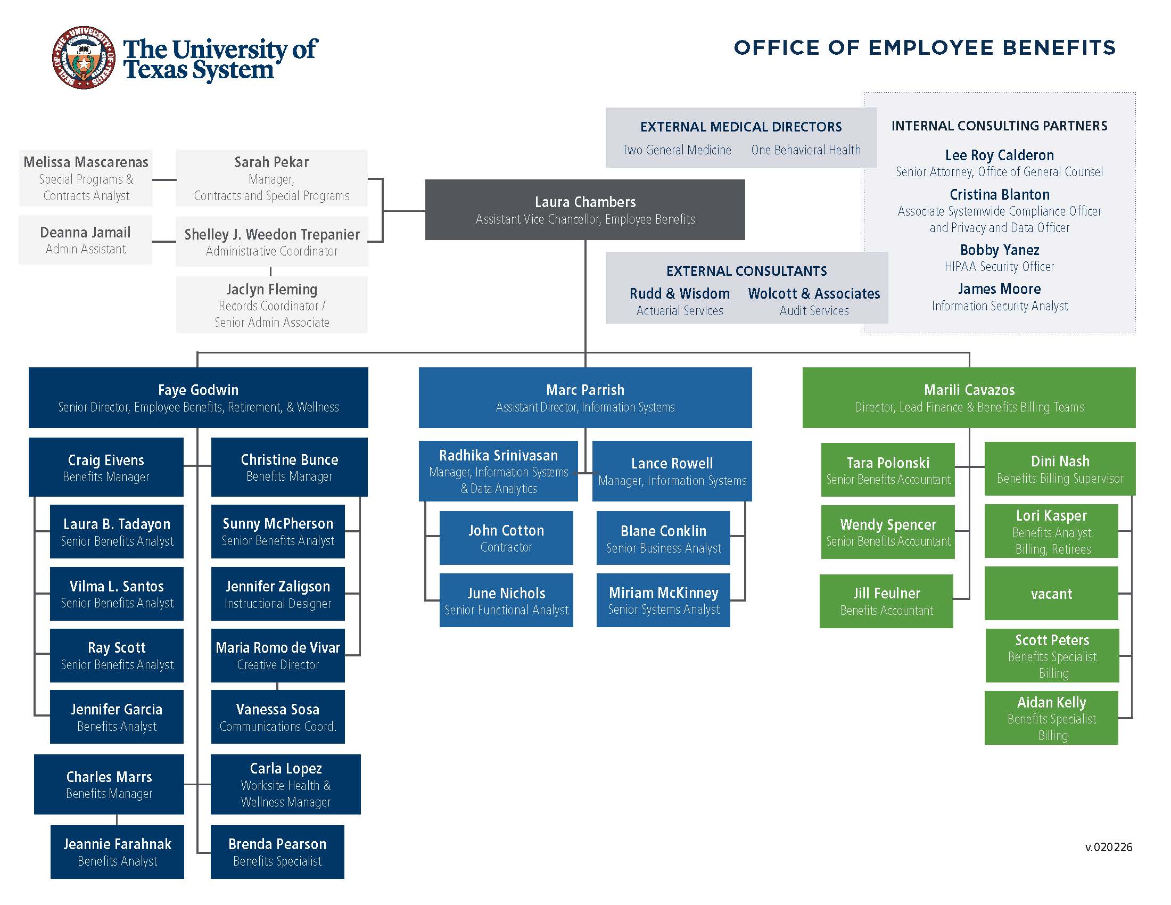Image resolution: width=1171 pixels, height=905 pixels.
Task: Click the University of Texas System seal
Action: coord(83,57)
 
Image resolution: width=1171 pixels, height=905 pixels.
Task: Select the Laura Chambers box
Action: coord(584,210)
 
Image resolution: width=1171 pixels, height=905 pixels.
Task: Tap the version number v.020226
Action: coord(1108,847)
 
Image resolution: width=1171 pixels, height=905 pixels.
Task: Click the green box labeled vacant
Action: coord(1051,594)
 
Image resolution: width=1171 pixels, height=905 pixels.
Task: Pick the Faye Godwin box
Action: coord(198,397)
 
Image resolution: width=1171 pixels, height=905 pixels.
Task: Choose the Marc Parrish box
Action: coord(584,397)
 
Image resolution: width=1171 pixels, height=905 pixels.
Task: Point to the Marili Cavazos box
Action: coord(968,397)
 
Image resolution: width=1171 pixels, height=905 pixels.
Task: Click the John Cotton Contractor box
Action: coord(506,538)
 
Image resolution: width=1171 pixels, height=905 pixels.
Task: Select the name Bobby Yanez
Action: coord(999,250)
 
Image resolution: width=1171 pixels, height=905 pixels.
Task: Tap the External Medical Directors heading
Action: coord(740,127)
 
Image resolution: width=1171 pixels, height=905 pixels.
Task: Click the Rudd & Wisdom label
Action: coord(679,294)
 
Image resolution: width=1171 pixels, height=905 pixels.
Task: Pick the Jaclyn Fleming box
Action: coord(271,305)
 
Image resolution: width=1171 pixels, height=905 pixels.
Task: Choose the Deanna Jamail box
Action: coord(85,240)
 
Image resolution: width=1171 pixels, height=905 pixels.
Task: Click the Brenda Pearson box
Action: coord(277,851)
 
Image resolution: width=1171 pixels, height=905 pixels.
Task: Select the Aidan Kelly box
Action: coord(1051,718)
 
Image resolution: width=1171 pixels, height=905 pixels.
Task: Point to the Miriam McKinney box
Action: coord(663,600)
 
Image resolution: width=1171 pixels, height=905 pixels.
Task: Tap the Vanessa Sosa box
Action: coord(277,717)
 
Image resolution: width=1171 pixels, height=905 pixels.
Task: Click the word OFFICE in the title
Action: coord(777,48)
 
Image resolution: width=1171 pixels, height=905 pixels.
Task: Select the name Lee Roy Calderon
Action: coord(999,155)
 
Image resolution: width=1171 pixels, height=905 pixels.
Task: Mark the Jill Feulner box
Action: coord(886,601)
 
